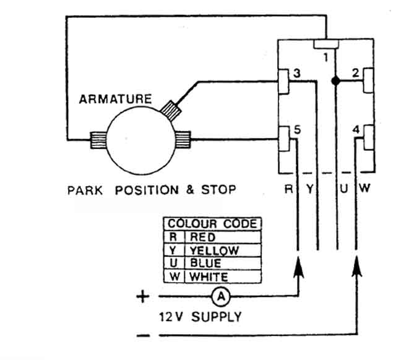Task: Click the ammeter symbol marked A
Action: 221,296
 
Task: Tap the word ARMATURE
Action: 116,99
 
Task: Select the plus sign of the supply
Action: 143,296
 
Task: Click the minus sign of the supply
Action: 143,335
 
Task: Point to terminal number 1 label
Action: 326,58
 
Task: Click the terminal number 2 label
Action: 356,73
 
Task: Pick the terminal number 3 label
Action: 297,73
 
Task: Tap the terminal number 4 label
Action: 356,130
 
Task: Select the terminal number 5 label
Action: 298,130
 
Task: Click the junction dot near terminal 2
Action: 335,81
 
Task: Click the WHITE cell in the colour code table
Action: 209,277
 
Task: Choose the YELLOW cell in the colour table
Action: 214,251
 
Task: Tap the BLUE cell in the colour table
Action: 205,264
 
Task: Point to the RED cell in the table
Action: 202,237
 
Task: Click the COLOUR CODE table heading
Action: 212,224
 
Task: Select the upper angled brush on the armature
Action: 171,110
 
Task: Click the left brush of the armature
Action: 98,140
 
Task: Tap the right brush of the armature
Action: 183,139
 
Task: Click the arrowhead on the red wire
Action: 298,268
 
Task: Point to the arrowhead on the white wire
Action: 356,267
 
